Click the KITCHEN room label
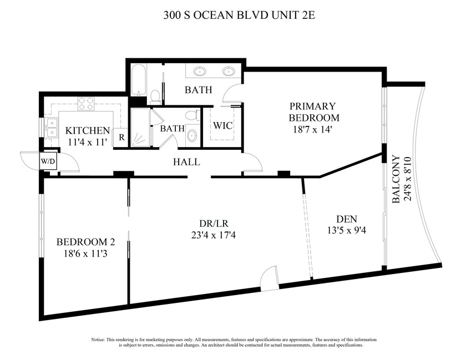click(x=88, y=131)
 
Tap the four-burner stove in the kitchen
click(x=85, y=103)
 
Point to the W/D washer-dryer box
click(x=47, y=161)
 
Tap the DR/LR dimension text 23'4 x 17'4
click(x=207, y=235)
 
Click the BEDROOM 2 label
click(x=86, y=242)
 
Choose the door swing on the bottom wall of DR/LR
click(x=269, y=279)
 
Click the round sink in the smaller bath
click(x=192, y=137)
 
